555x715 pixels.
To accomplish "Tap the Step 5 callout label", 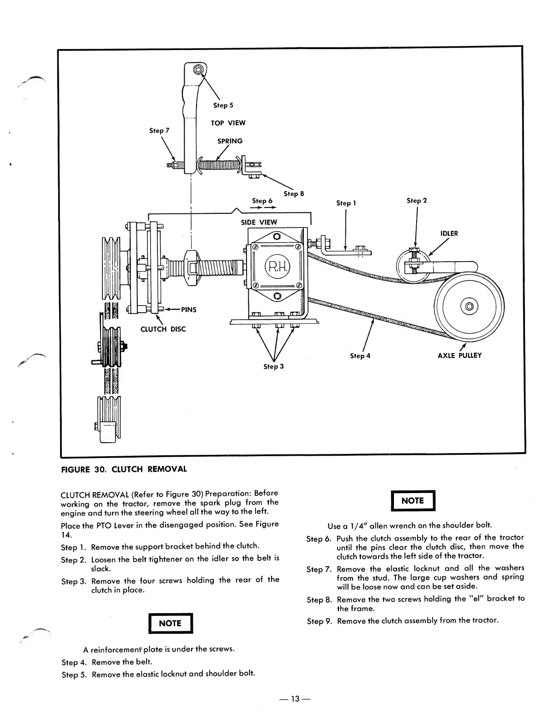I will click(223, 106).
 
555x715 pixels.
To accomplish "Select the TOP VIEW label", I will click(228, 123).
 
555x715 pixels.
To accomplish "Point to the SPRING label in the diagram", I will click(230, 141).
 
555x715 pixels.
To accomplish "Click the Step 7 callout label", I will click(159, 131).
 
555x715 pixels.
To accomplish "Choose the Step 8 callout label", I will click(293, 194).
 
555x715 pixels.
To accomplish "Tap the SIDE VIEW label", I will click(259, 222).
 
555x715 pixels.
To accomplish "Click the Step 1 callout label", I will click(346, 203).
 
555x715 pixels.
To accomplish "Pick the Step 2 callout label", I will click(417, 201).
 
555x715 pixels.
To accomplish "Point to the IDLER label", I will click(449, 234).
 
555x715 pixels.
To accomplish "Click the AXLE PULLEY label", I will click(459, 355).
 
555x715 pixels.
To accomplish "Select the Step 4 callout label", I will click(360, 356).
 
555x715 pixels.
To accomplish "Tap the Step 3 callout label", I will click(273, 367).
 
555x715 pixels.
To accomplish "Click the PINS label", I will click(188, 310).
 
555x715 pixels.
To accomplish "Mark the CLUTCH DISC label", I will click(163, 329).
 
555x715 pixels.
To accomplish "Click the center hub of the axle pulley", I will click(469, 305).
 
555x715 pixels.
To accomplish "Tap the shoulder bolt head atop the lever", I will click(198, 70).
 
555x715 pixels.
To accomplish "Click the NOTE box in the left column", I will click(170, 623).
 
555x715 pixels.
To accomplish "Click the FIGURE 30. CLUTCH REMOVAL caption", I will click(124, 469).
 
